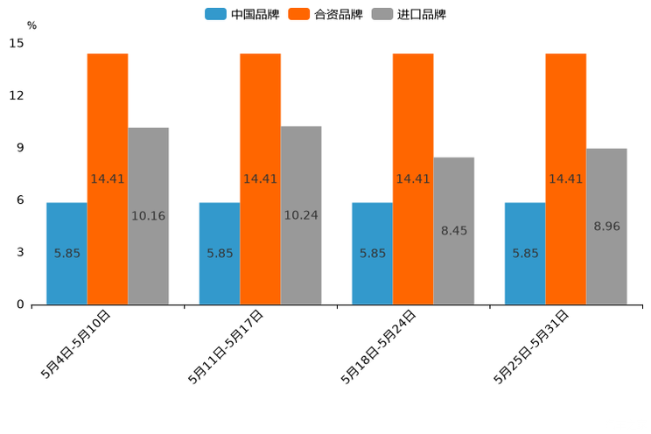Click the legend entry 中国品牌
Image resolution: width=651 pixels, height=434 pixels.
click(242, 14)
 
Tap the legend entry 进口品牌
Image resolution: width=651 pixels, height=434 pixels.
click(409, 14)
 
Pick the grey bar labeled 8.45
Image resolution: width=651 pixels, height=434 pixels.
click(454, 231)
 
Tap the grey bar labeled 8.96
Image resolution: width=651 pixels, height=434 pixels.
click(606, 227)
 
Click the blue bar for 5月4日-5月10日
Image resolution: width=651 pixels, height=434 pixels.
click(66, 254)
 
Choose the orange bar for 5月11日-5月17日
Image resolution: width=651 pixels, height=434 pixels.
click(260, 179)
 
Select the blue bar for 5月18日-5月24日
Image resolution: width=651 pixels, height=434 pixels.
click(372, 254)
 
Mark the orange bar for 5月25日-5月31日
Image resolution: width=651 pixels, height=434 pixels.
click(565, 179)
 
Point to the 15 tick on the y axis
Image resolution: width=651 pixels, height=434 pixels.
click(17, 43)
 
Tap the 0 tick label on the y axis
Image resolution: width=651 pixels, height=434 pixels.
click(20, 304)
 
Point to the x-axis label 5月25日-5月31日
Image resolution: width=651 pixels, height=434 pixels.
click(532, 346)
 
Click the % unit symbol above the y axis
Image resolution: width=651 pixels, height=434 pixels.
click(31, 25)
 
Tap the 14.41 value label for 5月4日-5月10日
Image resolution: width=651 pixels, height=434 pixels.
click(108, 179)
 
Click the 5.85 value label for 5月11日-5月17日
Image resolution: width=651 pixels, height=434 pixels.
click(220, 254)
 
